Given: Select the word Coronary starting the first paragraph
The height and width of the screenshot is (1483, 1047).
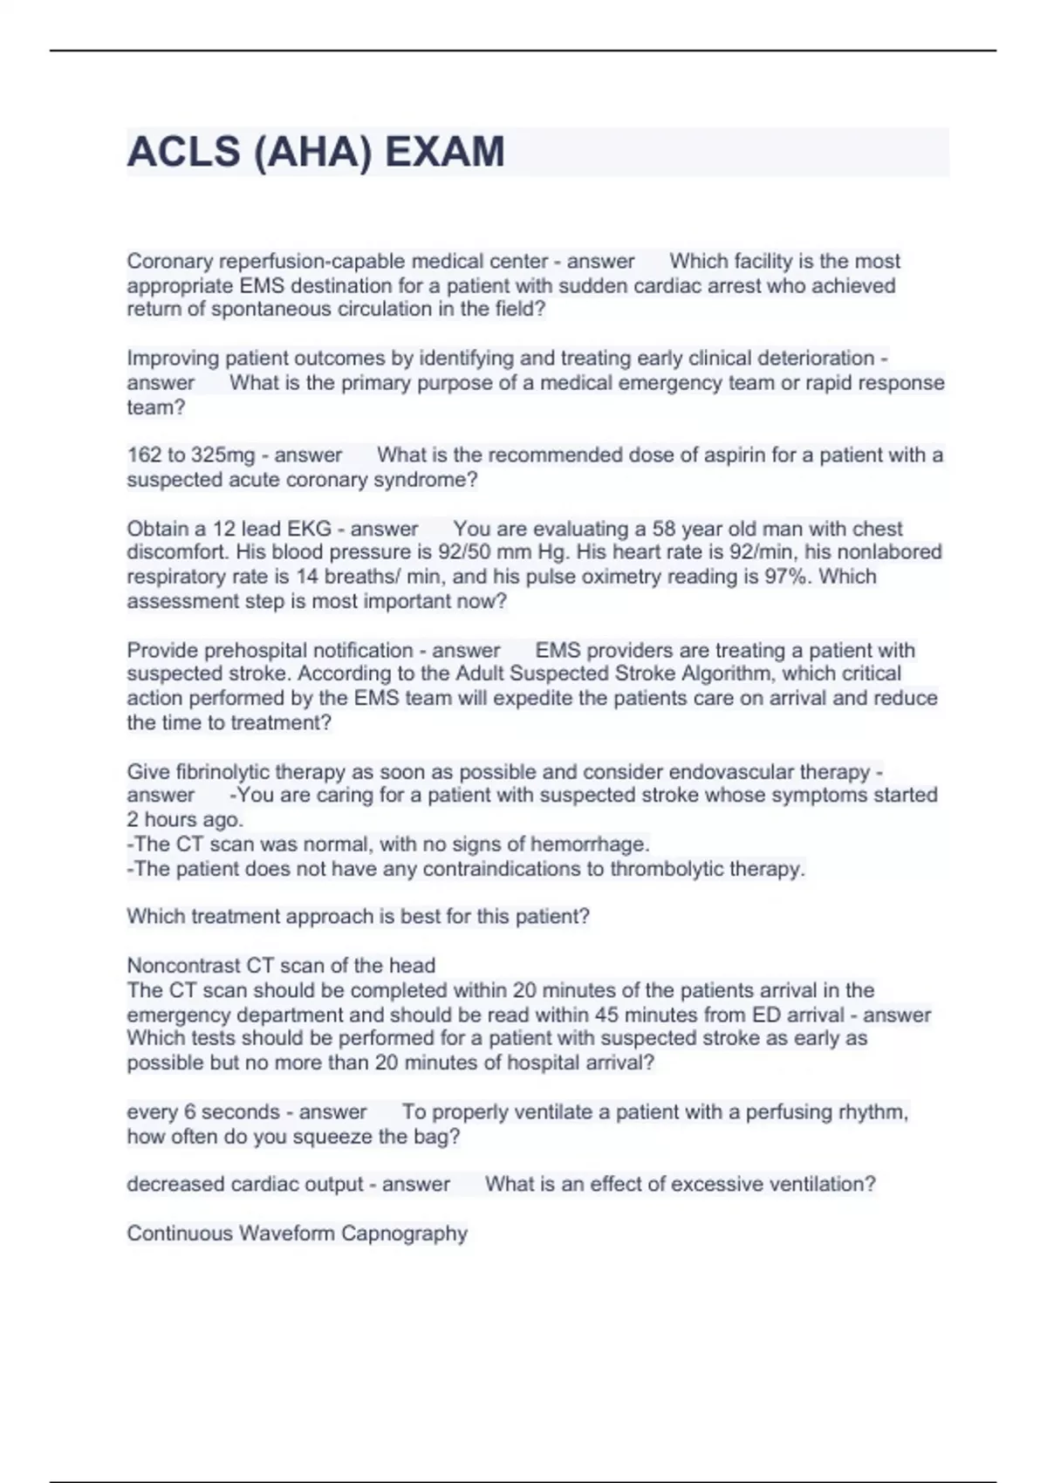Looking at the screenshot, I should pos(170,261).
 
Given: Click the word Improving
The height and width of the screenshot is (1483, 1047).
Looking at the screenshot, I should pos(174,359).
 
